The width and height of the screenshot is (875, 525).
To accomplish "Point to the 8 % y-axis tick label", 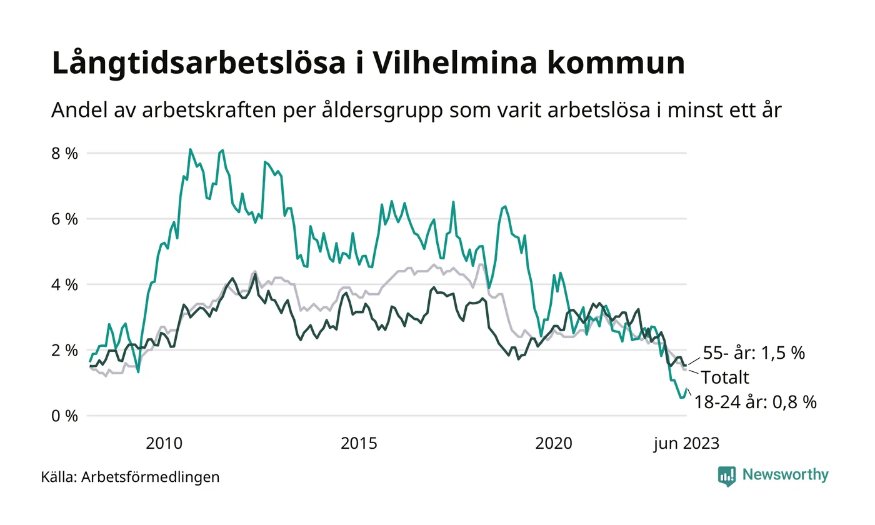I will pyautogui.click(x=65, y=153).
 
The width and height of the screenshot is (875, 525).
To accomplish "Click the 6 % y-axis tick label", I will pyautogui.click(x=65, y=219).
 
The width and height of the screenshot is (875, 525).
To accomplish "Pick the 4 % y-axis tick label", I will pyautogui.click(x=65, y=284).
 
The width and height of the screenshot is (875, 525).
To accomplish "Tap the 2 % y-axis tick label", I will pyautogui.click(x=65, y=350).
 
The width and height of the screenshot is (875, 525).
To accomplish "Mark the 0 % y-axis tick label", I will pyautogui.click(x=65, y=416).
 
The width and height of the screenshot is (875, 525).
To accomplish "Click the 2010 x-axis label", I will pyautogui.click(x=164, y=444).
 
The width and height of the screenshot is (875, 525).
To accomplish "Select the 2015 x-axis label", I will pyautogui.click(x=359, y=444).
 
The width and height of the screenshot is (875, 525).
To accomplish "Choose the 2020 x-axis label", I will pyautogui.click(x=554, y=444).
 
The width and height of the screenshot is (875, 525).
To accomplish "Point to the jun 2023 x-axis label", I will pyautogui.click(x=686, y=444).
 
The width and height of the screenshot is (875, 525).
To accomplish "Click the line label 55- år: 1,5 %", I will pyautogui.click(x=754, y=353).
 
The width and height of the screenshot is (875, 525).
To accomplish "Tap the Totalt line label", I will pyautogui.click(x=724, y=377).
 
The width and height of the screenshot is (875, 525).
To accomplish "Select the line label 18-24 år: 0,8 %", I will pyautogui.click(x=755, y=402).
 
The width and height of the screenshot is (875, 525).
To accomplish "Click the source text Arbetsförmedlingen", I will pyautogui.click(x=150, y=477).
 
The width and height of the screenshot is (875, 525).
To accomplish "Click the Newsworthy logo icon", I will pyautogui.click(x=727, y=476).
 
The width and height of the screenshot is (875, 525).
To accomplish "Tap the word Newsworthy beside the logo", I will pyautogui.click(x=785, y=475).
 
